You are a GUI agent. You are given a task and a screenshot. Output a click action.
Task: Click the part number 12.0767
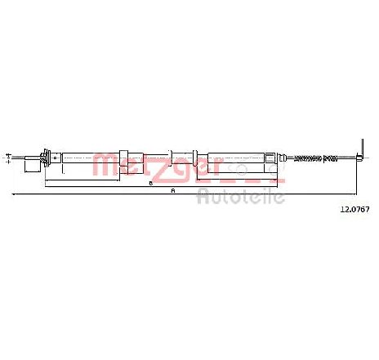(x=355, y=209)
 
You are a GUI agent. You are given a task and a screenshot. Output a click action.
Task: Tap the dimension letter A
(x=172, y=191)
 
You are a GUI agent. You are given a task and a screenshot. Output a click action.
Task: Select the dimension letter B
(x=150, y=184)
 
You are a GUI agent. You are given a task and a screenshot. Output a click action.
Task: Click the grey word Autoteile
(x=241, y=196)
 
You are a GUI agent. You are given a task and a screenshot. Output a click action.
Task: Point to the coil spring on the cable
(x=316, y=158)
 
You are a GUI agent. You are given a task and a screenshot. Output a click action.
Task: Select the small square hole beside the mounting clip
(x=56, y=158)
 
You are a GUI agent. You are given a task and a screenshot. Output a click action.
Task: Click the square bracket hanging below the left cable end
(x=33, y=166)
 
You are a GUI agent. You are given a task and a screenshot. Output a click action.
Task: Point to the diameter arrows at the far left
(x=8, y=158)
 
